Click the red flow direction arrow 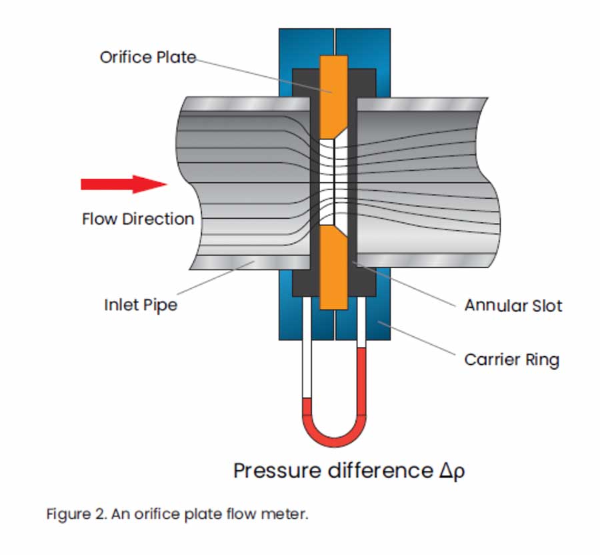tap(124, 184)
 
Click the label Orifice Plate tap(148, 57)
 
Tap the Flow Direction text tap(138, 219)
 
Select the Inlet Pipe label tap(141, 305)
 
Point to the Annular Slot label tap(513, 306)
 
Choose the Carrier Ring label tap(511, 360)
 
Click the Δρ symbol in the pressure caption tap(452, 471)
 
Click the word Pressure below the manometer tap(277, 470)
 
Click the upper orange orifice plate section tap(334, 97)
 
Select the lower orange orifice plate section tap(334, 267)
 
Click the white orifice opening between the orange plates tap(333, 182)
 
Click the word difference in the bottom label tap(381, 470)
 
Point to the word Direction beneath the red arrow tap(159, 219)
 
